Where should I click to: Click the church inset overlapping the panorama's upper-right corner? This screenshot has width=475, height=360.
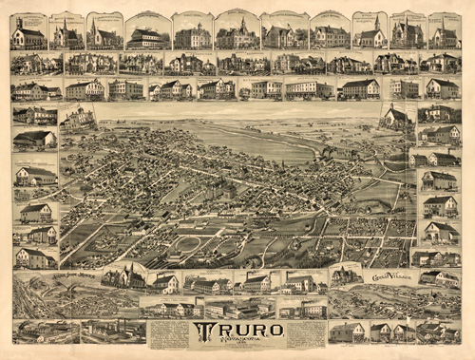(396, 117)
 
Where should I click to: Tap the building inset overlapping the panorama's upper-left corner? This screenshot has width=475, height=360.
(77, 119)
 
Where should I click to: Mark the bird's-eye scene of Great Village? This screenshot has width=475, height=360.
(375, 299)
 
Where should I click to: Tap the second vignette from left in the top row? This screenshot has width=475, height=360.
(66, 31)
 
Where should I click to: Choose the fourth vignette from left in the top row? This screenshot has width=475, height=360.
(147, 31)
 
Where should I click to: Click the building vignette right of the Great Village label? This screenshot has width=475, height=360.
(438, 278)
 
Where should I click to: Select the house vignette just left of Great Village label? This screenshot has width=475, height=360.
(344, 276)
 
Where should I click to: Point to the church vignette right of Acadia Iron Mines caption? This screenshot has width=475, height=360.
(123, 277)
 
